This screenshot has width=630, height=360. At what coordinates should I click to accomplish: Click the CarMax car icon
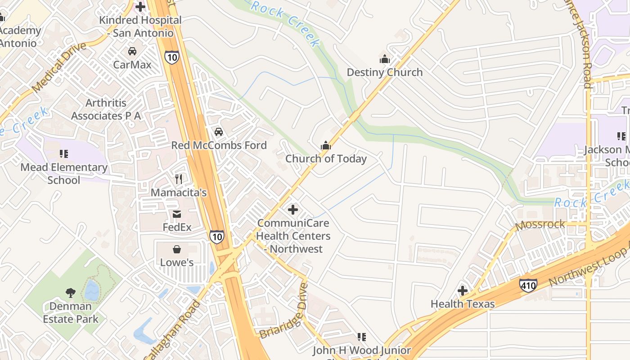click(132, 51)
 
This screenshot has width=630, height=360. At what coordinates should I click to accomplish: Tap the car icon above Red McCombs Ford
click(219, 132)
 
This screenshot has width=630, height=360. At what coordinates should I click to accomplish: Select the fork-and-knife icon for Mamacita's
click(179, 179)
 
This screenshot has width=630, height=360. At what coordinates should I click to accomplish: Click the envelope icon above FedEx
click(177, 214)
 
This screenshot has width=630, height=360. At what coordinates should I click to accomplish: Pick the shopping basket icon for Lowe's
click(177, 249)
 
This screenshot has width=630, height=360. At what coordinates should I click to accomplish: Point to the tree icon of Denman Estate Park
click(70, 293)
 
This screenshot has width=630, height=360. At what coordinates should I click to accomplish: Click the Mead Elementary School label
click(64, 174)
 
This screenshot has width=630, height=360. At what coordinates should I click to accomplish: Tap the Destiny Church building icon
click(385, 59)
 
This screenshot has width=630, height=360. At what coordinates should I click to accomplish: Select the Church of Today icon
click(326, 145)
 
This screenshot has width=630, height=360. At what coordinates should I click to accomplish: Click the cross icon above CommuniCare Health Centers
click(293, 210)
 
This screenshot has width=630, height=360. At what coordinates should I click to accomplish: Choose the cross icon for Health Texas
click(463, 291)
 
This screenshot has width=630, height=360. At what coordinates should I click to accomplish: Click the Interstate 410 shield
click(528, 285)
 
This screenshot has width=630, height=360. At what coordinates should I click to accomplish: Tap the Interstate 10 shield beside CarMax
click(171, 57)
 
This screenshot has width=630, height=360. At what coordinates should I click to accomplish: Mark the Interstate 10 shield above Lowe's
click(216, 236)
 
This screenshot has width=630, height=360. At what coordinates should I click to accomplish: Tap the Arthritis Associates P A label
click(106, 109)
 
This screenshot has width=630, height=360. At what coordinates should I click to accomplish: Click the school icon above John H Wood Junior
click(361, 337)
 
